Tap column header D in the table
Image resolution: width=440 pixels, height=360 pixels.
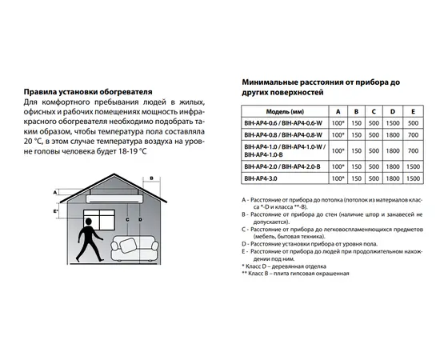(x=391, y=111)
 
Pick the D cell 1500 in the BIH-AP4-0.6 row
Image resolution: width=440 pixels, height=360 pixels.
(x=391, y=123)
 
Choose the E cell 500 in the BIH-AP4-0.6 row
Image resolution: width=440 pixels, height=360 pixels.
(x=413, y=123)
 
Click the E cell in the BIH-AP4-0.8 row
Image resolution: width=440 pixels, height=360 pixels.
(x=413, y=135)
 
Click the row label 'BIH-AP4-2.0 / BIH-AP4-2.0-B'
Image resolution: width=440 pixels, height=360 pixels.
(x=286, y=167)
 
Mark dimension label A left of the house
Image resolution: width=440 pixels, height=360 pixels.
(x=54, y=193)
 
